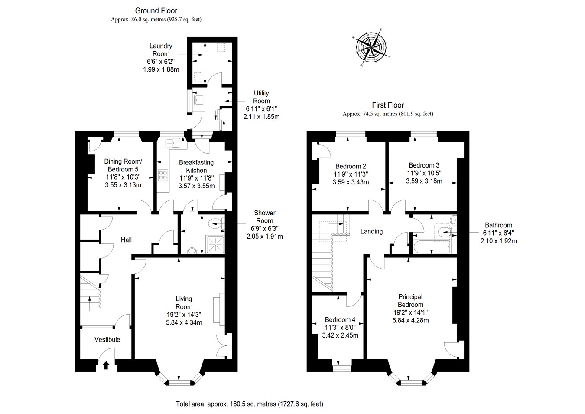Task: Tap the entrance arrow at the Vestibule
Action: click(x=106, y=365)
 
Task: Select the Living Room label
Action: click(x=184, y=303)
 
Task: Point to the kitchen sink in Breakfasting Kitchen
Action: click(x=172, y=142)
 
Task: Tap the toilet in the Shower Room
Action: click(x=215, y=224)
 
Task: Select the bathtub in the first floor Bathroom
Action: click(x=432, y=248)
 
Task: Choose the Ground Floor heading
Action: click(x=156, y=11)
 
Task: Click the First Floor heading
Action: click(x=388, y=105)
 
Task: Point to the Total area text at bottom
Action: click(x=249, y=404)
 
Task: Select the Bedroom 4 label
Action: click(x=340, y=320)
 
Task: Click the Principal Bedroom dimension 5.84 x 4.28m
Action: click(x=410, y=320)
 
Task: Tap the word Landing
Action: click(x=371, y=231)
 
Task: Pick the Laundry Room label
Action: click(x=161, y=50)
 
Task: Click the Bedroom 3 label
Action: click(x=424, y=165)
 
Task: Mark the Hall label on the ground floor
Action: click(x=126, y=240)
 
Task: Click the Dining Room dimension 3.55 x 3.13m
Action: click(x=123, y=185)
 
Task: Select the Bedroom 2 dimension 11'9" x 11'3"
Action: click(x=351, y=174)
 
